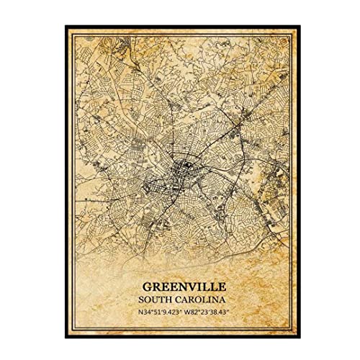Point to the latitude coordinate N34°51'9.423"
point(150,312)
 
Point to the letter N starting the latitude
point(125,312)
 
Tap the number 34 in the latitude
point(132,312)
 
